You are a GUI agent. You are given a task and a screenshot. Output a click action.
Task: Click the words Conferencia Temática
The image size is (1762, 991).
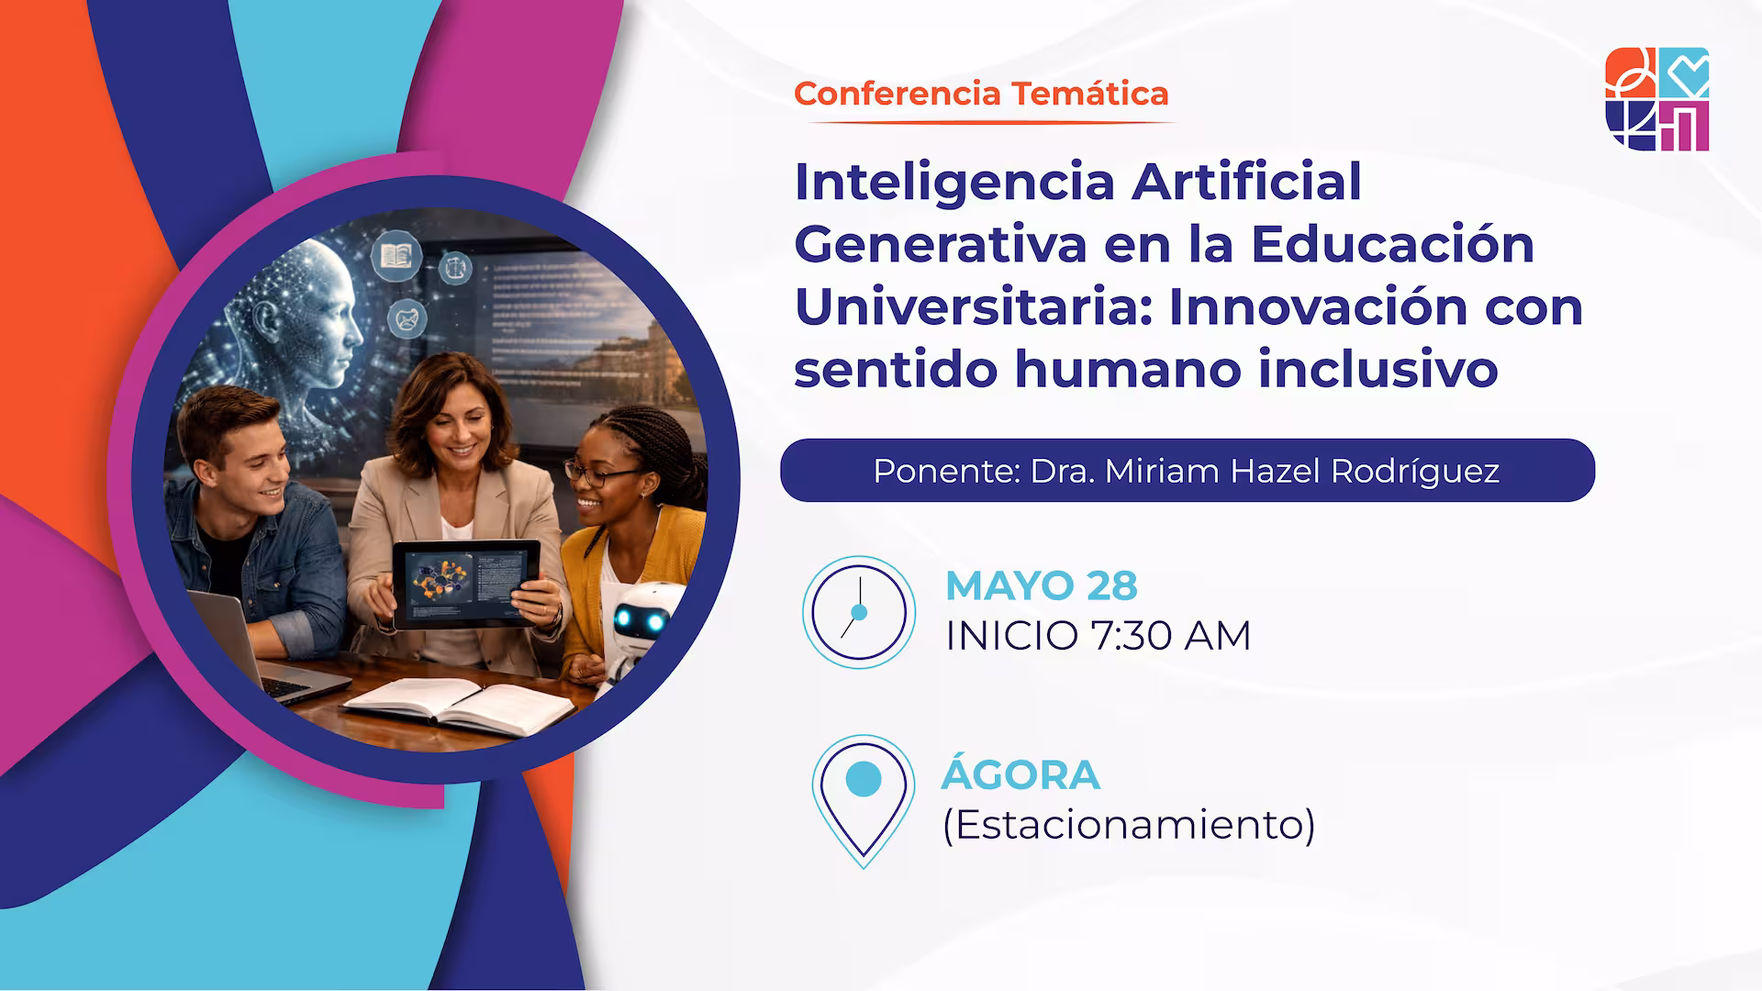click(981, 94)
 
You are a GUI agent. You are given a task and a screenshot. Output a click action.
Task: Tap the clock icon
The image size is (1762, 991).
click(859, 612)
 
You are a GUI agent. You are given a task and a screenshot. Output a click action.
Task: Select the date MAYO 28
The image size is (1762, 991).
click(1041, 585)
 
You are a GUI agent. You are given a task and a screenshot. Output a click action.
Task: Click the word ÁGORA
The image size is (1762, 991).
click(1020, 775)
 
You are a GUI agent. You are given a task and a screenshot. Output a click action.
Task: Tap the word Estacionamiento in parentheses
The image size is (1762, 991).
click(1129, 824)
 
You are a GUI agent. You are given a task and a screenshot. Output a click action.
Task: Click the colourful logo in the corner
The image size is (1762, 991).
click(1656, 99)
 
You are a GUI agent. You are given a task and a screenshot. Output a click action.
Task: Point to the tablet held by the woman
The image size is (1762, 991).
click(465, 584)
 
